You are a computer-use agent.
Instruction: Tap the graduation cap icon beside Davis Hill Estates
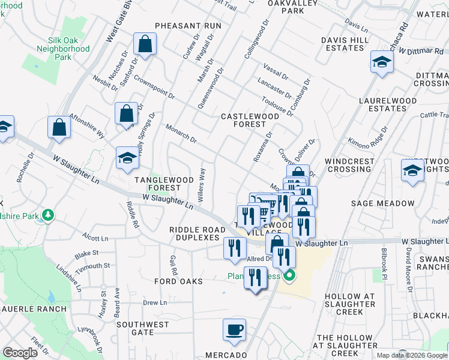pyautogui.click(x=382, y=62)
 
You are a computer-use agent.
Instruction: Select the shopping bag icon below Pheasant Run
pyautogui.click(x=145, y=44)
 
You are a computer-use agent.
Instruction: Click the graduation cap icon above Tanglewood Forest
pyautogui.click(x=127, y=158)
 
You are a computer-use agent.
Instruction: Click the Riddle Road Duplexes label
pyautogui.click(x=194, y=233)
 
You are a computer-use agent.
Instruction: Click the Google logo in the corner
pyautogui.click(x=20, y=353)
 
